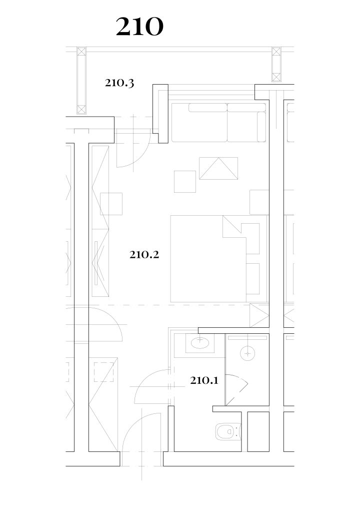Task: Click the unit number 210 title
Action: pos(139,27)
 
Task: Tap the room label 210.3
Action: pos(119,83)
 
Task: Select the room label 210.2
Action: pos(144,254)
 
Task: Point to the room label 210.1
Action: pos(204,380)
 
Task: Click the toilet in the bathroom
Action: pos(228,431)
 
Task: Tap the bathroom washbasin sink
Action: pos(199,343)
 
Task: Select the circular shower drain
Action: pos(247,353)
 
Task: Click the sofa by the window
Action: pos(218,123)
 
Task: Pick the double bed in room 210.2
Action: pos(218,259)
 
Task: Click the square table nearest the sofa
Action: pos(185,182)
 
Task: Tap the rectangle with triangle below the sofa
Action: pos(218,168)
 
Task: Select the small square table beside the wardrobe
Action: pos(111,204)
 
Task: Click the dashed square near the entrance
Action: pos(103,372)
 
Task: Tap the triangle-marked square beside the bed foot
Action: pos(259,315)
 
